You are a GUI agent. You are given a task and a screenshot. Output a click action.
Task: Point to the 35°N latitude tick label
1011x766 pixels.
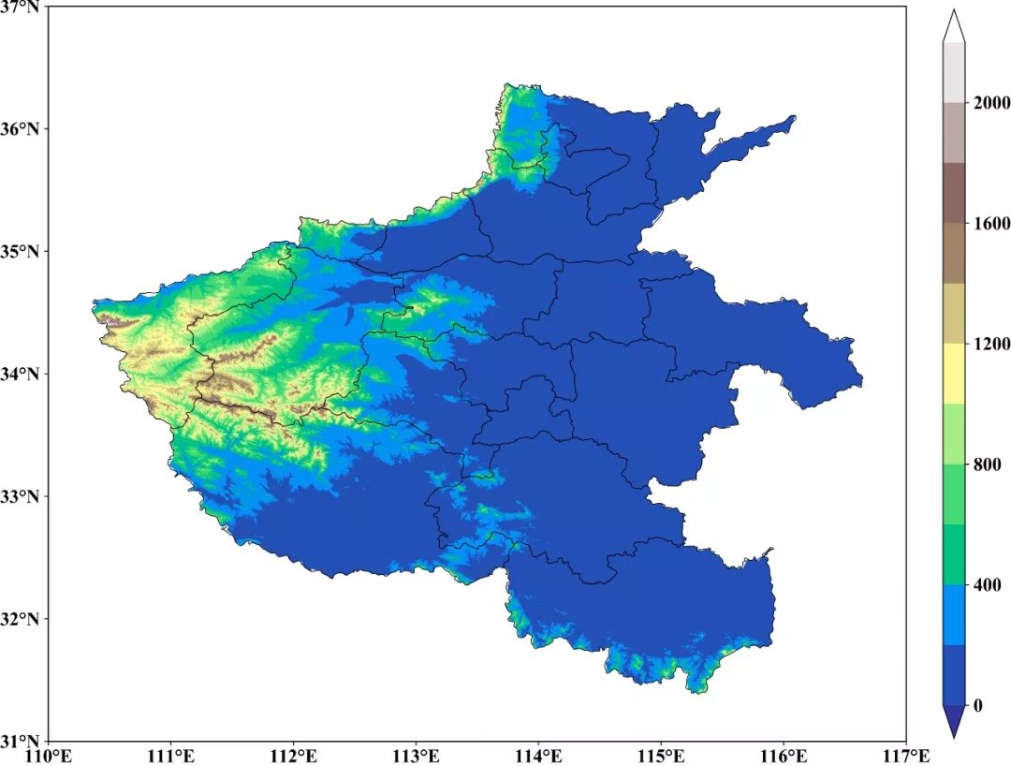(22, 251)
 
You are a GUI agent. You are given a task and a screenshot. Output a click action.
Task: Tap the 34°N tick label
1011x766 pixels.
(22, 374)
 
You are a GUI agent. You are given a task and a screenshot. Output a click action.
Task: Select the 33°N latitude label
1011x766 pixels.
(22, 496)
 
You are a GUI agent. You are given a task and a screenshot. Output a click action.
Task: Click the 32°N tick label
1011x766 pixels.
(22, 619)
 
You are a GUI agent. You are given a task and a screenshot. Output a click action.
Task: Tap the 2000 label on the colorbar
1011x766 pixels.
(990, 103)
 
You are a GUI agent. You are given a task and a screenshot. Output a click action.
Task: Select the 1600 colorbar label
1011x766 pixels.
(990, 224)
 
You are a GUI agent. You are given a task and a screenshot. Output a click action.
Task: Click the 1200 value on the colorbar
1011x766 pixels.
(990, 344)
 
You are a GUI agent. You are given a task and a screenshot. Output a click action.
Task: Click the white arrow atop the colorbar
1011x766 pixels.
(954, 26)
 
